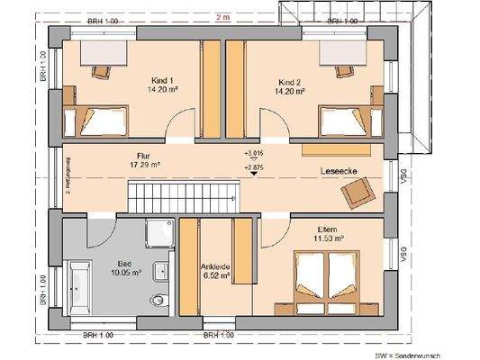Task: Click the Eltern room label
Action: (x=328, y=232)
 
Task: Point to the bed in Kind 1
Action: (x=87, y=118)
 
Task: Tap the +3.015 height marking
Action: (x=256, y=155)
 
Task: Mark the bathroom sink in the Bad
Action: (x=163, y=268)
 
